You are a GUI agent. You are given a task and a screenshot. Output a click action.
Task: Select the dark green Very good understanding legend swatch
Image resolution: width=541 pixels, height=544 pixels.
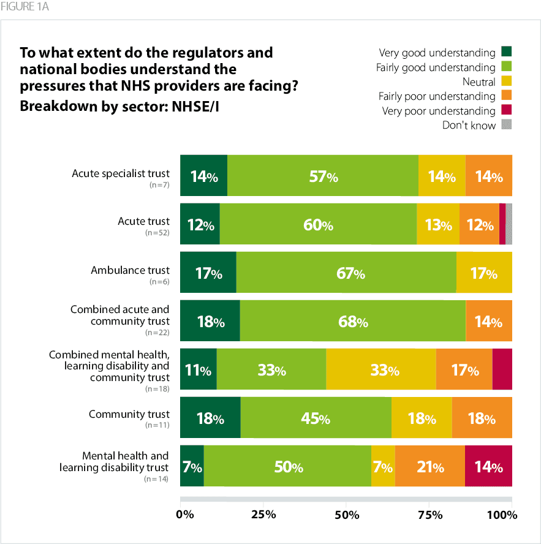[506, 52]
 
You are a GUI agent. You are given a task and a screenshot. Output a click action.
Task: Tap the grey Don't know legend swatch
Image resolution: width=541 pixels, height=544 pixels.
[506, 125]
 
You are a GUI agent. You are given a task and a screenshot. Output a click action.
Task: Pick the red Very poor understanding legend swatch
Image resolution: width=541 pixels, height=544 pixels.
[506, 110]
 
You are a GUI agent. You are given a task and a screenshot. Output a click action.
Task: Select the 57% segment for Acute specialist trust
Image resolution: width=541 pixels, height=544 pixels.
[323, 176]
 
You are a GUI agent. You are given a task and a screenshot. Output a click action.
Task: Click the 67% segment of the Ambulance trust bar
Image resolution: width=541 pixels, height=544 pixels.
[346, 273]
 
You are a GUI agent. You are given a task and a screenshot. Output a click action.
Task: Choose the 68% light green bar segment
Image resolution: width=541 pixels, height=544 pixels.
[352, 322]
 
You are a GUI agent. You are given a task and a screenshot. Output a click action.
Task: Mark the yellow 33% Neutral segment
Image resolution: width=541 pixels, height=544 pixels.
[381, 370]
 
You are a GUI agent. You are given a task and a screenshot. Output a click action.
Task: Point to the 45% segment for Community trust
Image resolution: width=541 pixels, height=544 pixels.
[316, 419]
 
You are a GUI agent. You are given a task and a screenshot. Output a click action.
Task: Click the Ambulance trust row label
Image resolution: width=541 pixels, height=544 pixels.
[130, 270]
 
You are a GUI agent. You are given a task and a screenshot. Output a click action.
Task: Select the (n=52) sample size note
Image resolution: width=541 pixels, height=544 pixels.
[157, 233]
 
